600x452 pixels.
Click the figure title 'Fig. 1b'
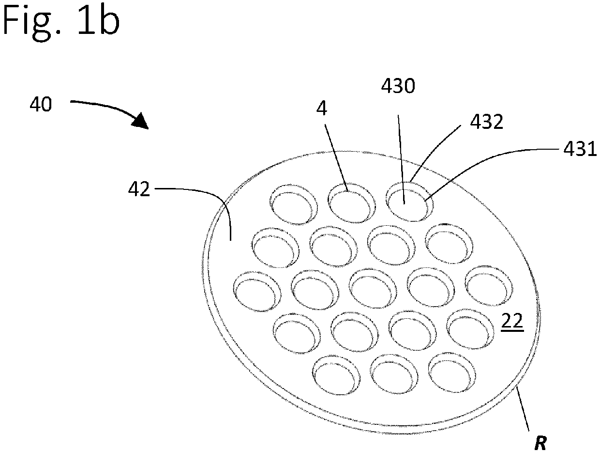(x=60, y=22)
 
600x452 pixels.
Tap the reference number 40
(x=41, y=105)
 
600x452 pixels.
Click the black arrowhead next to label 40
(x=140, y=121)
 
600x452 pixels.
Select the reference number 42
(x=139, y=189)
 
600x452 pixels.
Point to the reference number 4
(x=322, y=109)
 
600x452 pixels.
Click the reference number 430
(x=398, y=86)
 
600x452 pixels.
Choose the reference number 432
(x=487, y=122)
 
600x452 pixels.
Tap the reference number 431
(x=580, y=149)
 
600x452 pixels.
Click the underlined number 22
(x=512, y=320)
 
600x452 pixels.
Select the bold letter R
(x=540, y=443)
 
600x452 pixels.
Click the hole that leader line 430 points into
(x=409, y=202)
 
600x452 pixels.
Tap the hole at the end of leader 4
(x=351, y=203)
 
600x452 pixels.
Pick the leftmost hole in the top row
(x=294, y=204)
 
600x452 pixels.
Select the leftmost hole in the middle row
(x=257, y=292)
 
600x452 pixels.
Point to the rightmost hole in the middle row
(x=489, y=286)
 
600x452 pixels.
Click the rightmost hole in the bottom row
(x=452, y=373)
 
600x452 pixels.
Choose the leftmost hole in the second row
(x=275, y=248)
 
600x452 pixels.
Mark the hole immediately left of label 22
(x=470, y=329)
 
